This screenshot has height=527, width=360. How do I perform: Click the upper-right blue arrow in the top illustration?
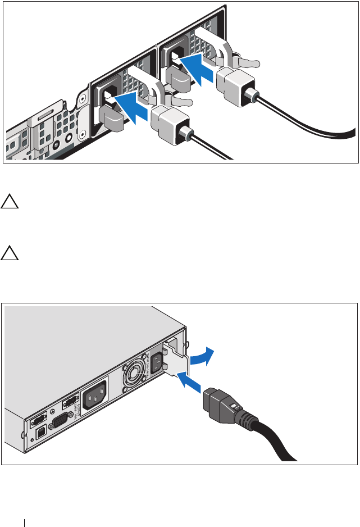coord(196,66)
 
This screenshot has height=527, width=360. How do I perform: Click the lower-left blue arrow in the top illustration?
coord(130,107)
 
